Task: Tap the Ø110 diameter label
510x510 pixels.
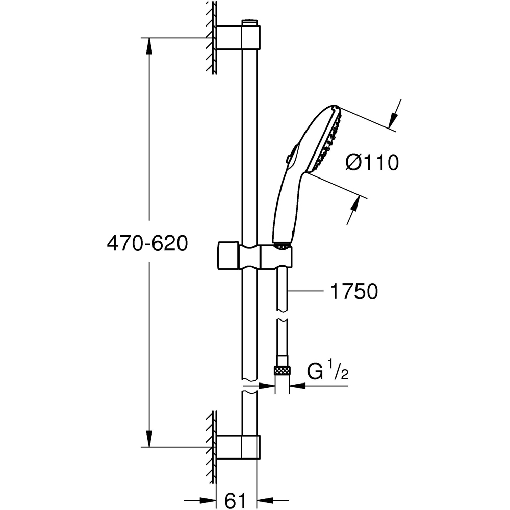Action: point(371,163)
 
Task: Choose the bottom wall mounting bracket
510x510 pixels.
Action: point(238,447)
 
